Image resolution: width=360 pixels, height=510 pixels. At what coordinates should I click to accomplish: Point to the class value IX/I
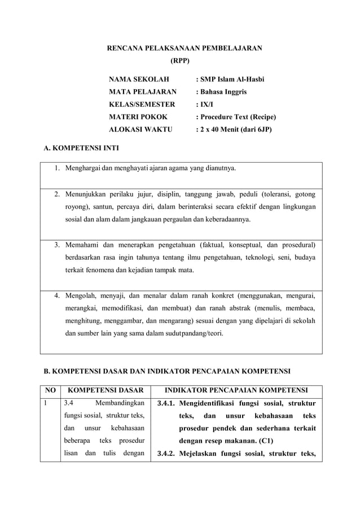point(204,104)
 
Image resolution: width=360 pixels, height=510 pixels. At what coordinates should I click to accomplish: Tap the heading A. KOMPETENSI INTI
point(81,149)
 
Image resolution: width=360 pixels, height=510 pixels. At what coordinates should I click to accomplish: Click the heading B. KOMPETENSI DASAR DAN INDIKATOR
point(167,372)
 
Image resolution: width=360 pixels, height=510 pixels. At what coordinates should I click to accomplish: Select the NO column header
point(50,390)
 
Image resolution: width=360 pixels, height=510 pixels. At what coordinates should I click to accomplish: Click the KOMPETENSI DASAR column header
point(105,390)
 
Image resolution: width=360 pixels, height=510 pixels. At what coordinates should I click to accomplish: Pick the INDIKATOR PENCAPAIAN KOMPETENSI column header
point(235,390)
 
